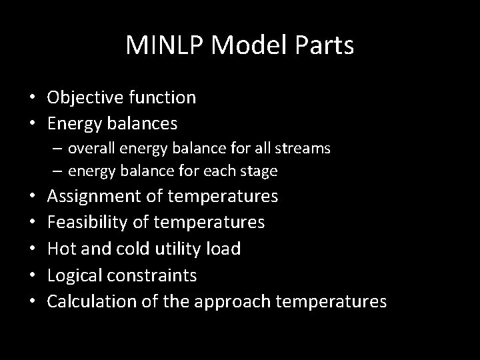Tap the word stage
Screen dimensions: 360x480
pos(259,171)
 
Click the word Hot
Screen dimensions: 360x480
pos(61,249)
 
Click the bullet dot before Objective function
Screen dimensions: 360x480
pos(32,99)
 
